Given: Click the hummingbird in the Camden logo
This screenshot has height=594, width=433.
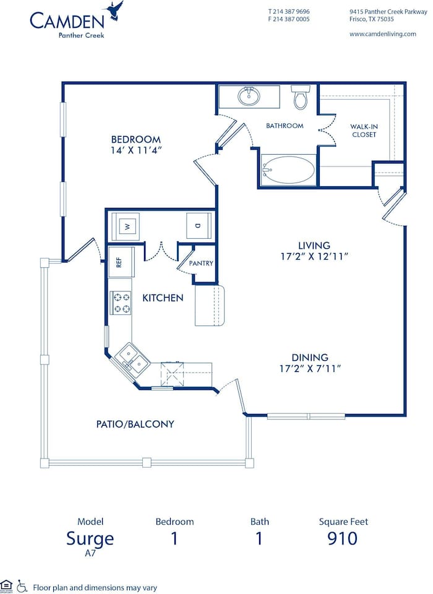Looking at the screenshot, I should coord(114,11).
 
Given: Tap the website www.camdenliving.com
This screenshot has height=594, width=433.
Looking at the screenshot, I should coord(382,34).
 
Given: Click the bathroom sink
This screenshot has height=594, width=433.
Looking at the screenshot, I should coord(249,97).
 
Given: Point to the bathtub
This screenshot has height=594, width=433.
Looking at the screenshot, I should coord(288,170).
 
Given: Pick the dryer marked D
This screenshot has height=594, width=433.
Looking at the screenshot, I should coord(197,226).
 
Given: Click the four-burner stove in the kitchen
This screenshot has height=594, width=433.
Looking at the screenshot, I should coord(121,303).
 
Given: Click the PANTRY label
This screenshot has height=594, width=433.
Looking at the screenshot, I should coord(201,263).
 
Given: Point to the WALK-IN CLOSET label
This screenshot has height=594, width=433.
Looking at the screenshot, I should coord(364,130).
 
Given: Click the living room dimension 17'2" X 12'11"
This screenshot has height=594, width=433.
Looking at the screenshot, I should coord(313,256).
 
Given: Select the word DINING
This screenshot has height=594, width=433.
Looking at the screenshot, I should coord(311,358).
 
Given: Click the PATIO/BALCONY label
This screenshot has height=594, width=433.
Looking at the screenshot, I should coord(135,424).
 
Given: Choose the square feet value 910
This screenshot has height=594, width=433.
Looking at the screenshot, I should coord(342,538).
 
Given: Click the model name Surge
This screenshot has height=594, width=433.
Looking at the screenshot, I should coord(90,538).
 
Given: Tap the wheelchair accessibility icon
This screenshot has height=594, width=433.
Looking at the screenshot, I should coord(22,585).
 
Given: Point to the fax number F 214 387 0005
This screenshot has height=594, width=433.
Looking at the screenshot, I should coord(289,19).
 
